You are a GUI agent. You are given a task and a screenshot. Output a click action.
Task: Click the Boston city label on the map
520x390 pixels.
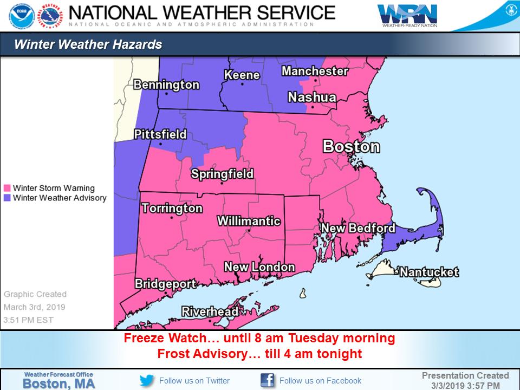click(x=351, y=146)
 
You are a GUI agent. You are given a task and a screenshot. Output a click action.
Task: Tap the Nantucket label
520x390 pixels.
click(x=429, y=272)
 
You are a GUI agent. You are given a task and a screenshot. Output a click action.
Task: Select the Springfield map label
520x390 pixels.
click(x=222, y=174)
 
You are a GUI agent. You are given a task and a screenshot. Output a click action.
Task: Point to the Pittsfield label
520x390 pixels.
click(x=160, y=134)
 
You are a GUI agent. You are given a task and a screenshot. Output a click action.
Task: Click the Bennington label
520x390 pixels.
click(x=166, y=85)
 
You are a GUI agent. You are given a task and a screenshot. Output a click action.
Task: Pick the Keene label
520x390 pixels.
click(x=242, y=75)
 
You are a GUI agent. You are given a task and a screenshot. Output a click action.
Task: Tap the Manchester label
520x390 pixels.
click(x=315, y=71)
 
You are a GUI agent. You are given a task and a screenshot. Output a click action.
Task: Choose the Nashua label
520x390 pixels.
click(x=311, y=97)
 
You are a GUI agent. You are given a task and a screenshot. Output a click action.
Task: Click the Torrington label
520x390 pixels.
click(x=172, y=208)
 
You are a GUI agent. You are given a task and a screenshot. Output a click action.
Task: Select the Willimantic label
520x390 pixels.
click(x=249, y=221)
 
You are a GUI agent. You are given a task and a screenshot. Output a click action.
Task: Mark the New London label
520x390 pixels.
click(x=259, y=267)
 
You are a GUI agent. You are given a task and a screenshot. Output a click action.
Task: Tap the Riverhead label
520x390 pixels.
click(x=210, y=311)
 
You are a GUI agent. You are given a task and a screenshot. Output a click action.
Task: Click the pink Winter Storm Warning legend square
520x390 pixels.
click(x=7, y=188)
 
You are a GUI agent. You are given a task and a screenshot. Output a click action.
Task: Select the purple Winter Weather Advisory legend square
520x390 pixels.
click(x=7, y=198)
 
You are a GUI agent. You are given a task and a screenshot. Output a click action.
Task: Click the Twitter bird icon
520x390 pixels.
click(x=147, y=380)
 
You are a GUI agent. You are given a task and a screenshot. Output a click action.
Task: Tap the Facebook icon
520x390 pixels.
click(x=268, y=380)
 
